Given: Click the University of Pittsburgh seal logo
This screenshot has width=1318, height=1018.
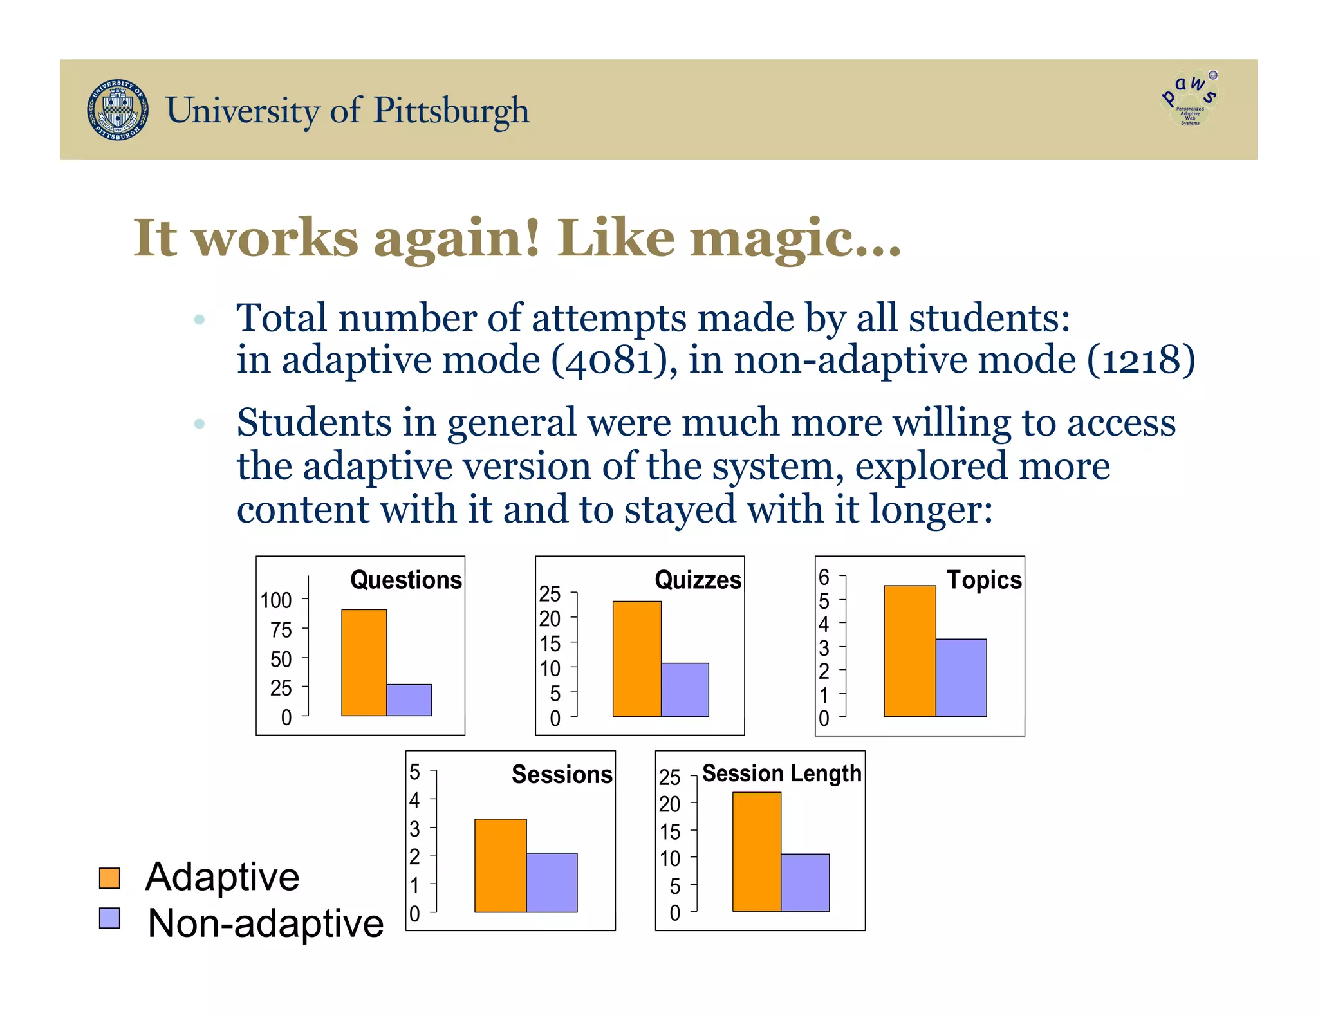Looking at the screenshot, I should tap(117, 110).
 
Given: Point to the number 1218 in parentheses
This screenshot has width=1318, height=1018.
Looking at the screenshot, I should tap(1140, 360).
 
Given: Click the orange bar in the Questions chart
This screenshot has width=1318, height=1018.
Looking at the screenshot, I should tap(364, 663).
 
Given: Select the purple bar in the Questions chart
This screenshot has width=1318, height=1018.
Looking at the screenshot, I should tap(409, 699).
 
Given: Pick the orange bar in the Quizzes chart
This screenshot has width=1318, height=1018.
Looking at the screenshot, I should tap(636, 659).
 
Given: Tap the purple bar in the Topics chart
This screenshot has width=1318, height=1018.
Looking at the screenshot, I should tap(960, 678).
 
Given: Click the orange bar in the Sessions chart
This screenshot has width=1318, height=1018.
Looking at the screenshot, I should tap(500, 865).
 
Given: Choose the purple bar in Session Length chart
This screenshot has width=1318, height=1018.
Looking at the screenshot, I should tap(804, 882).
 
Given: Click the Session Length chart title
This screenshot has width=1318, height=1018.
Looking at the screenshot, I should tap(781, 773).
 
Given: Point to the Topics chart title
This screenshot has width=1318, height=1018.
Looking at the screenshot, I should tap(983, 580).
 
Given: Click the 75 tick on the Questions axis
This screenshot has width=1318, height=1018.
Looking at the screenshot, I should tap(281, 629).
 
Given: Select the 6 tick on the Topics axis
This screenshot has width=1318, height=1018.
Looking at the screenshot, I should tap(824, 577).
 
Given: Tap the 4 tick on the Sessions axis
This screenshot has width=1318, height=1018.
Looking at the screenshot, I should tap(414, 800).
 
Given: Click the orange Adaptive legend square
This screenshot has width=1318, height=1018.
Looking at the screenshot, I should tap(110, 878).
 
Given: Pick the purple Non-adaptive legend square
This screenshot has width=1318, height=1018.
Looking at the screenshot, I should tap(110, 918).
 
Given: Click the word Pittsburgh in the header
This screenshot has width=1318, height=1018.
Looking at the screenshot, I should tap(450, 111).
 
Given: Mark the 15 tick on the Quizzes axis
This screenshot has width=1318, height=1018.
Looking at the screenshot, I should tap(550, 643).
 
